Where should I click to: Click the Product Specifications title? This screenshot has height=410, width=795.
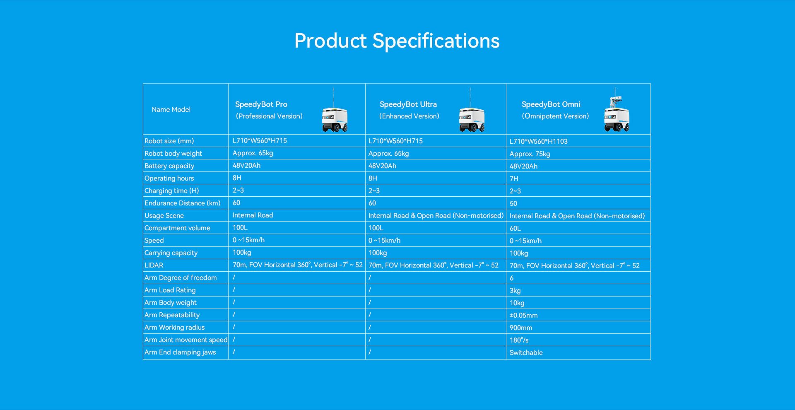pos(397,41)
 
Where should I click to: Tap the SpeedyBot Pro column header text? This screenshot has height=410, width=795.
pos(261,104)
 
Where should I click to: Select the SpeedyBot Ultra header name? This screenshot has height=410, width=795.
pos(408,104)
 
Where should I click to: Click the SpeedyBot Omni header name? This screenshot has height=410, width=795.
pos(551,104)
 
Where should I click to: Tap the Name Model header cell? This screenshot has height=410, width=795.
pos(171,109)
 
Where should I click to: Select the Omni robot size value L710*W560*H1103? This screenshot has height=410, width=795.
pos(539,141)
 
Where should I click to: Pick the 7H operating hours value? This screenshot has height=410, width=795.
pos(514,178)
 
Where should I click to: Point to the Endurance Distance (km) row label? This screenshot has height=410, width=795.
pos(183,203)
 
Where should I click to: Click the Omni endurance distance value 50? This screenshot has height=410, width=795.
pos(513,203)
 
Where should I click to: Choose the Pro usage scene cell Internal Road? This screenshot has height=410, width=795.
pos(253,215)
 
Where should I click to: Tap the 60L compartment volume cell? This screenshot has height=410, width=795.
pos(516,228)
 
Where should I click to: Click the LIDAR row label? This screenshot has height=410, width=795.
pos(154,265)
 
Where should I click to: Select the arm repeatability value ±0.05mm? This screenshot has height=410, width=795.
pos(524,315)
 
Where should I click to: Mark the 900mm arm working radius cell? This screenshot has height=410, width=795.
pos(521,328)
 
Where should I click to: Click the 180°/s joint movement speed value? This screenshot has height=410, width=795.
pos(519,340)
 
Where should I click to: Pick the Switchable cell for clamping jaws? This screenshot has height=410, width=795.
pos(526,352)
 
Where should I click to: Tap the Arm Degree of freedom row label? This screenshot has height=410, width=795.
pos(181,277)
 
